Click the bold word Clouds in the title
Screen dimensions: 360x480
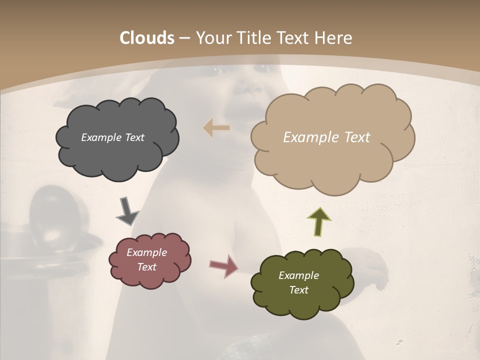[x=146, y=38]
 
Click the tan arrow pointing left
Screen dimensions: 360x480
[x=216, y=128]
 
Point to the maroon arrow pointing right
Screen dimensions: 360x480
[x=223, y=265]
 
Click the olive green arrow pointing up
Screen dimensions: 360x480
[x=319, y=222]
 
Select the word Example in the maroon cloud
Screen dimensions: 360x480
[x=147, y=252]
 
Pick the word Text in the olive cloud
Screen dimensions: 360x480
[x=298, y=290]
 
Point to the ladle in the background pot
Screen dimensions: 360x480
[x=47, y=215]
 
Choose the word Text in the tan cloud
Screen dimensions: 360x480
[x=354, y=137]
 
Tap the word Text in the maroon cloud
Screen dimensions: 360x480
[x=147, y=267]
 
